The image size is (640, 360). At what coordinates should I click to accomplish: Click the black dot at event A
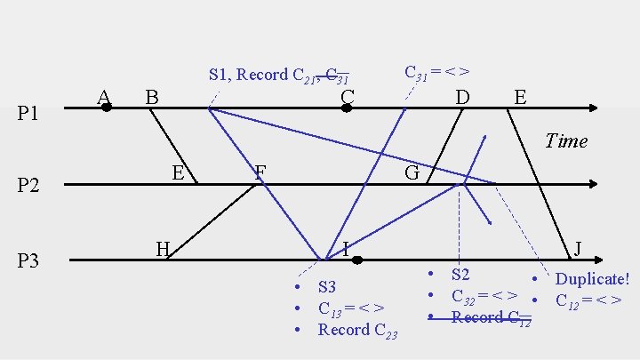pos(106,108)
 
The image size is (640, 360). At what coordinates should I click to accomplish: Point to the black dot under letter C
pos(348,108)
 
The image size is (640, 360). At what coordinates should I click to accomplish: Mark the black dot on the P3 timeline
pos(356,260)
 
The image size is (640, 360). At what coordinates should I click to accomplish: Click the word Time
pos(566,140)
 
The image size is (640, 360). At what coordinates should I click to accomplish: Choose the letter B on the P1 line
pos(152,95)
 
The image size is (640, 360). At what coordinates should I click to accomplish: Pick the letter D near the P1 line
pos(462,95)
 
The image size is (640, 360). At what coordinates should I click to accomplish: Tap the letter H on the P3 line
pos(162,248)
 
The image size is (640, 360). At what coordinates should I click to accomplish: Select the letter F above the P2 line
pos(260,172)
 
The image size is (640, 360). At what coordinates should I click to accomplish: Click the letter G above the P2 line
pos(412,172)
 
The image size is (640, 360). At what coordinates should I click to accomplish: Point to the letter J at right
pos(578,248)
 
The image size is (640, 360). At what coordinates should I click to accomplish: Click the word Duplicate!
pos(592,279)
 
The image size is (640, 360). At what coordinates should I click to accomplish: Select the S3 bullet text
pos(327,287)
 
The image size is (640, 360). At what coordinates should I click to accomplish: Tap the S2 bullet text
pos(460,275)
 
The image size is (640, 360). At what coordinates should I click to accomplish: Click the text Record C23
pos(357,330)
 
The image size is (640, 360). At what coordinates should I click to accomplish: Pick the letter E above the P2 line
pos(178,172)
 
